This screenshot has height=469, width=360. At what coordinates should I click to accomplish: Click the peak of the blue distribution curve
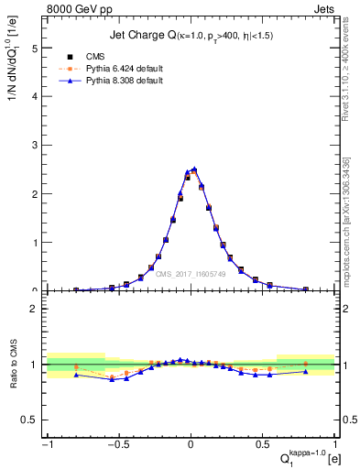coord(194,169)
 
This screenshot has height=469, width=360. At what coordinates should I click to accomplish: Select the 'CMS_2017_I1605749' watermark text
coord(191,274)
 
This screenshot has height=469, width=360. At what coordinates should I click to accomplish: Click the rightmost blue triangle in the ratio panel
coord(306,371)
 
